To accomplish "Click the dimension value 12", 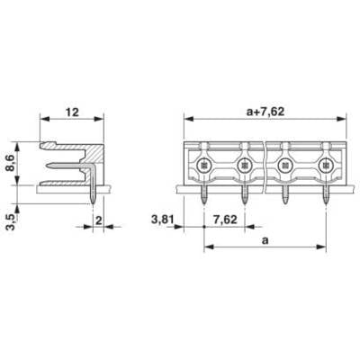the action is pyautogui.click(x=72, y=112).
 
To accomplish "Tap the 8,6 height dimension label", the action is pyautogui.click(x=11, y=164).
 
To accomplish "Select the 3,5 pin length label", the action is pyautogui.click(x=11, y=221).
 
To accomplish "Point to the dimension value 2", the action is pyautogui.click(x=98, y=220).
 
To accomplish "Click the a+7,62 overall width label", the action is pyautogui.click(x=265, y=112).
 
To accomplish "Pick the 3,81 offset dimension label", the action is pyautogui.click(x=163, y=220).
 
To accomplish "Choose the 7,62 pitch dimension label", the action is pyautogui.click(x=225, y=220).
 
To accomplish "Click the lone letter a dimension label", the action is pyautogui.click(x=265, y=240).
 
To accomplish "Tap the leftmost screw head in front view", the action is pyautogui.click(x=204, y=165).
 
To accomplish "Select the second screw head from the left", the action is pyautogui.click(x=245, y=165).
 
